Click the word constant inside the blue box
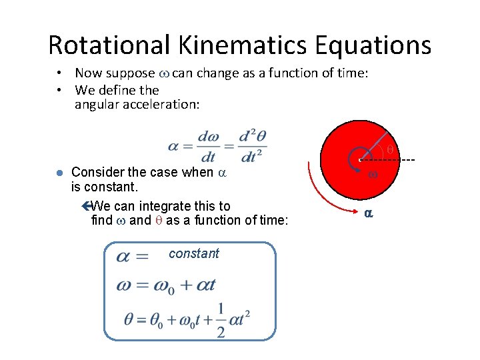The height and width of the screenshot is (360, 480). tap(194, 253)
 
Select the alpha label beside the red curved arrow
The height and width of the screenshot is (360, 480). tap(367, 214)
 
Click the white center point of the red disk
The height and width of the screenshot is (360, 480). tap(360, 160)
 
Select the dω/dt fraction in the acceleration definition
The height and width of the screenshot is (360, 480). tap(208, 146)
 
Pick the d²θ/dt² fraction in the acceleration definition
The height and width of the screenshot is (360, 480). tap(252, 146)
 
